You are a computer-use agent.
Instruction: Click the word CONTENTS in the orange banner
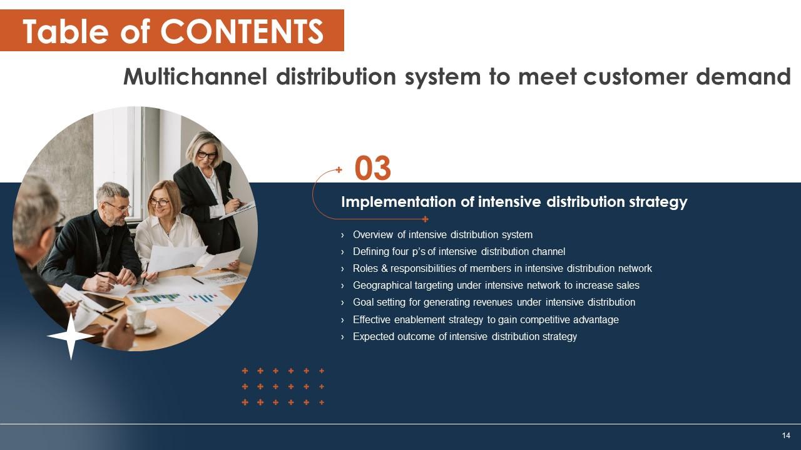(242, 31)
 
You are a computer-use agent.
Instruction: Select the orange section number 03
(373, 169)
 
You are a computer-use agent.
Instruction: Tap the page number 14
(786, 435)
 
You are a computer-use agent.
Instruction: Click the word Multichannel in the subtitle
(196, 76)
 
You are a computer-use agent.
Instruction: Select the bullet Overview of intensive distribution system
(442, 235)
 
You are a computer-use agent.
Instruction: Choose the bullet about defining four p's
(459, 252)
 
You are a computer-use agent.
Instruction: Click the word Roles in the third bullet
(365, 269)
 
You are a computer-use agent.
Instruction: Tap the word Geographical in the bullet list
(382, 286)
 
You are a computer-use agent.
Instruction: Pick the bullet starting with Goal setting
(494, 302)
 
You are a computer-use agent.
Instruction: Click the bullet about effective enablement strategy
(486, 320)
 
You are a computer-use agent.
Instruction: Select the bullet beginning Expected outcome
(464, 337)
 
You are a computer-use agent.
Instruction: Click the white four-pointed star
(71, 336)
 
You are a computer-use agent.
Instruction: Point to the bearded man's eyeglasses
(117, 207)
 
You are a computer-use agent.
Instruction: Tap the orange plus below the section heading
(425, 219)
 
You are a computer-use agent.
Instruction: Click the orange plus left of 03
(339, 169)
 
